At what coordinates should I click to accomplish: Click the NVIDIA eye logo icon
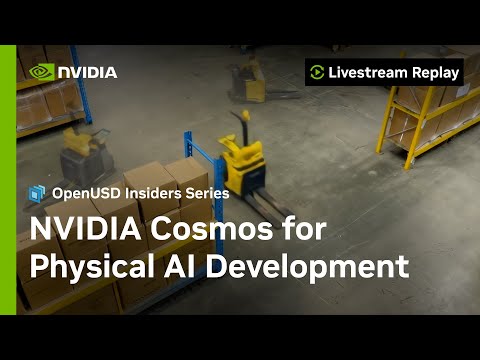click(42, 72)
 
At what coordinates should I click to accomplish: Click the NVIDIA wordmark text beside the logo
click(87, 72)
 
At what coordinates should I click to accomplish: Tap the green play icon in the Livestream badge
click(317, 72)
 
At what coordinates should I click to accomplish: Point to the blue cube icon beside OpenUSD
click(38, 192)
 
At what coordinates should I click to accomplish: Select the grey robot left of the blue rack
click(84, 155)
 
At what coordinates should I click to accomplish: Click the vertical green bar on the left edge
click(8, 180)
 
